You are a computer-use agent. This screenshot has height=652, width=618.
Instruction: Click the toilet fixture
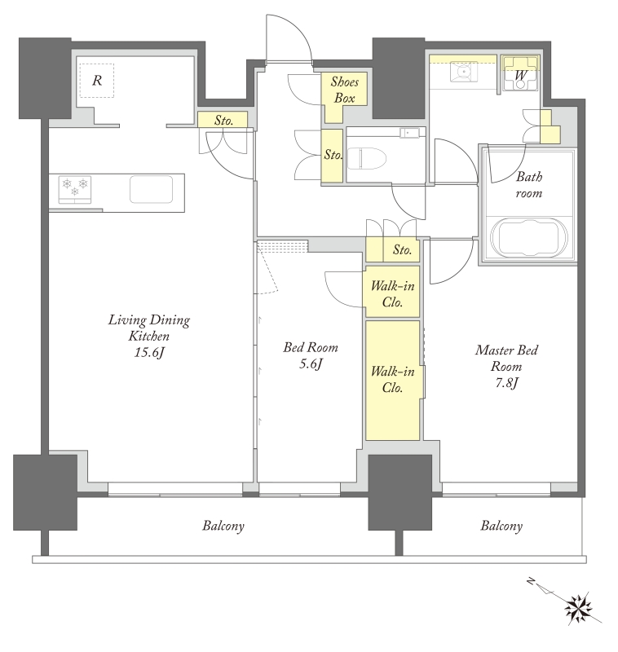[367, 158]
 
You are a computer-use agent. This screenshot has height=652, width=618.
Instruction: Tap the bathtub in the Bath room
[528, 239]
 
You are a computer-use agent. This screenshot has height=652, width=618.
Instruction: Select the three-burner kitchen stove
[75, 190]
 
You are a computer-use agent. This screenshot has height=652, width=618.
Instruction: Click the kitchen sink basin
[151, 190]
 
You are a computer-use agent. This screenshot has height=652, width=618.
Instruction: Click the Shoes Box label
[344, 90]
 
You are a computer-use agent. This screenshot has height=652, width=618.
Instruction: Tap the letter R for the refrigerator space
[97, 80]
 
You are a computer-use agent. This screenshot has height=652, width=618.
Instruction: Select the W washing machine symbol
[520, 74]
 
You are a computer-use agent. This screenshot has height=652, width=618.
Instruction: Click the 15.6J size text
[149, 353]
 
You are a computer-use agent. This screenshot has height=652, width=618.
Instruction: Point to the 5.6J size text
[311, 364]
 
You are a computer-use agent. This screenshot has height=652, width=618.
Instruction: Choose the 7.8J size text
[506, 382]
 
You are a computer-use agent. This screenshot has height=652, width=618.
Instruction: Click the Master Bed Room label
[506, 358]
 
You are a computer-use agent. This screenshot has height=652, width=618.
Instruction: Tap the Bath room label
[529, 185]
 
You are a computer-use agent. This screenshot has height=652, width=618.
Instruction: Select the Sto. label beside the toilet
[333, 155]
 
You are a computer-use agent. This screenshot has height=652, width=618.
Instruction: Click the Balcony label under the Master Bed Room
[501, 526]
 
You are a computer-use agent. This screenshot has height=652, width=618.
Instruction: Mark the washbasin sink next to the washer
[463, 73]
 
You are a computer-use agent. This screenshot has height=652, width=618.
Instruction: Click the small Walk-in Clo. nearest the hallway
[392, 294]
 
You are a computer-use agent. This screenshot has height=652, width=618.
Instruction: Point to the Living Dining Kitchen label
[149, 328]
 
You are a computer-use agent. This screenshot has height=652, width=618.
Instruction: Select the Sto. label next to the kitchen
[223, 121]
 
